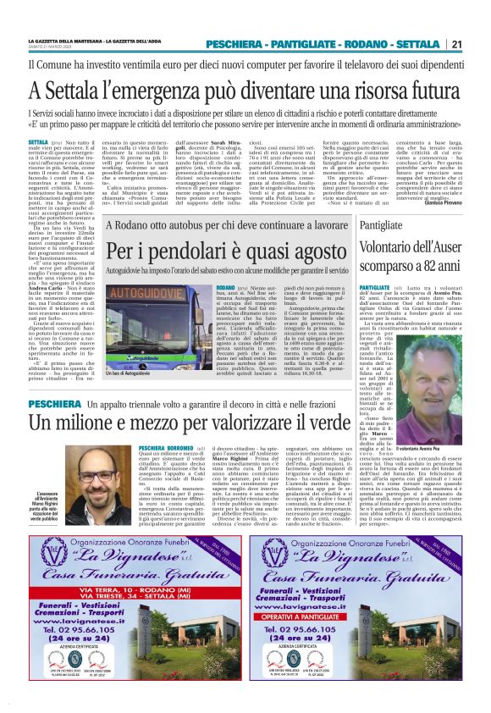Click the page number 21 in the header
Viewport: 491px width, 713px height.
point(456,44)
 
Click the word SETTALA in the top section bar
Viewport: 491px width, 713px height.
point(416,44)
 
